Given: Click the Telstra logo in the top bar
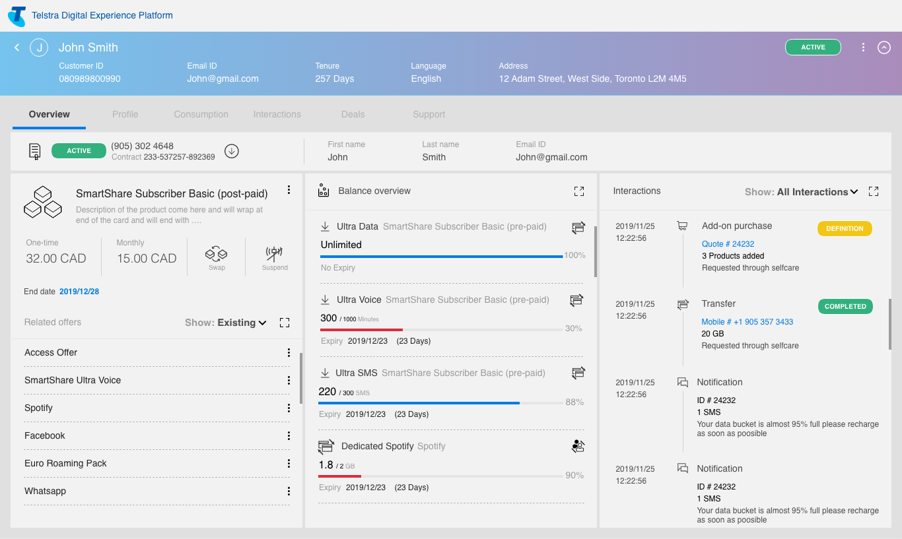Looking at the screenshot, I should coord(17,16).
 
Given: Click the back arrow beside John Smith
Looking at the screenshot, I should coord(17,48).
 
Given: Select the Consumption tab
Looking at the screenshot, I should coord(201,114).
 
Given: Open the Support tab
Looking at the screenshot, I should coord(429,114).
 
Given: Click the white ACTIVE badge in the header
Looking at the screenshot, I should coord(812,48).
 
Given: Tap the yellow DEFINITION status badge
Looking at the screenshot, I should coord(845,229).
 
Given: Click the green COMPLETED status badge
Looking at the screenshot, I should coord(845,307).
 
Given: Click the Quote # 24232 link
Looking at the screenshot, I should coord(728,244).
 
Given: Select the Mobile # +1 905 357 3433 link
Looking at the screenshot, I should coord(747,322).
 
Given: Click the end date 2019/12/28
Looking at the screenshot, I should coord(79,292).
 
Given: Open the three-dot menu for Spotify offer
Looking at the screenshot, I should coord(289,408).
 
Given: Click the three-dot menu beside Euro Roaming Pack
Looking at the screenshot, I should coord(289,464).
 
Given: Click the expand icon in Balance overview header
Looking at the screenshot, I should coord(579,191).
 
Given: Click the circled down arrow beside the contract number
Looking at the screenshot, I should coord(231,151).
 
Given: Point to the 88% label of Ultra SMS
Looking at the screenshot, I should coord(574,402).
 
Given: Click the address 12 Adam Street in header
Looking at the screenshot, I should coord(592,79).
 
